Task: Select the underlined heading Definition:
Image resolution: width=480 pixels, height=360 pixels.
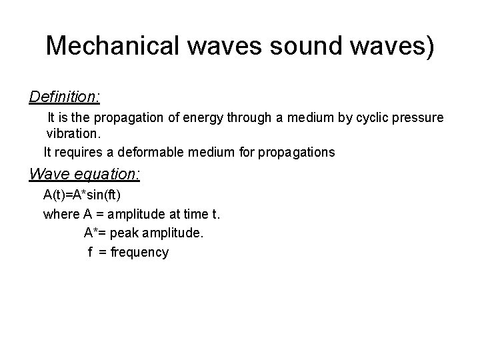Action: pos(65,97)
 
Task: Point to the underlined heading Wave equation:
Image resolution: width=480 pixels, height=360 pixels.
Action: pos(85,175)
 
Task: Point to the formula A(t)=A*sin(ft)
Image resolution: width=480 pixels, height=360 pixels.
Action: pos(82,196)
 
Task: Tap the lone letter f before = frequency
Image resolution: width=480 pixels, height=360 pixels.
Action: pos(90,253)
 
